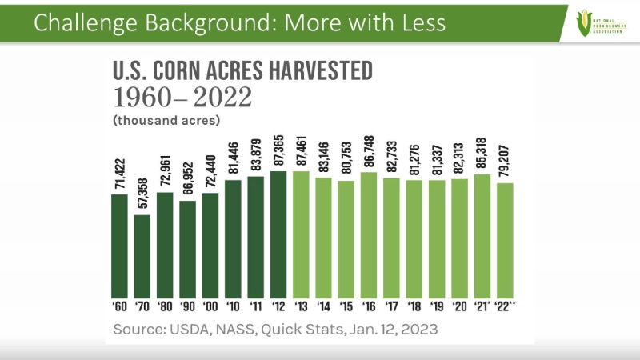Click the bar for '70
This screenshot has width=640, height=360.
(142, 256)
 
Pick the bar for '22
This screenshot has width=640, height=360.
(505, 241)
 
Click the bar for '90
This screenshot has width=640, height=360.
(187, 249)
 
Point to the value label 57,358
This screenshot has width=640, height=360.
(142, 189)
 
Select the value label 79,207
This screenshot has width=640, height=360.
(505, 158)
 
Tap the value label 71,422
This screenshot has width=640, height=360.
(119, 169)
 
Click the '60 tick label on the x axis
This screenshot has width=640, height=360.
(118, 306)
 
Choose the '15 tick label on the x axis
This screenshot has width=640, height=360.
(346, 306)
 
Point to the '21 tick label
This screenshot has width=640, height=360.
(482, 306)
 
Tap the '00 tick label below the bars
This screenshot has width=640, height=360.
(210, 306)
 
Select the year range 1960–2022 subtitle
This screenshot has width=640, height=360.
(182, 98)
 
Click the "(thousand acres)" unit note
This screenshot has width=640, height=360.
(166, 120)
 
